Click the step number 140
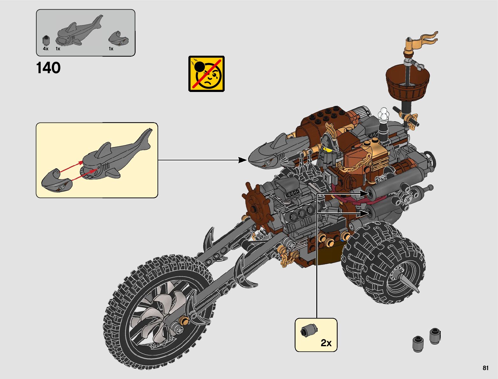pos(48,68)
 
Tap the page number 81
pos(485,368)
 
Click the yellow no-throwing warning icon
pos(207,74)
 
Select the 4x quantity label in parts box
pos(46,49)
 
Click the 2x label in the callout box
pos(326,343)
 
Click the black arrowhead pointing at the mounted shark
pos(242,160)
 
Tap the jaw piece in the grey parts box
pos(118,38)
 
